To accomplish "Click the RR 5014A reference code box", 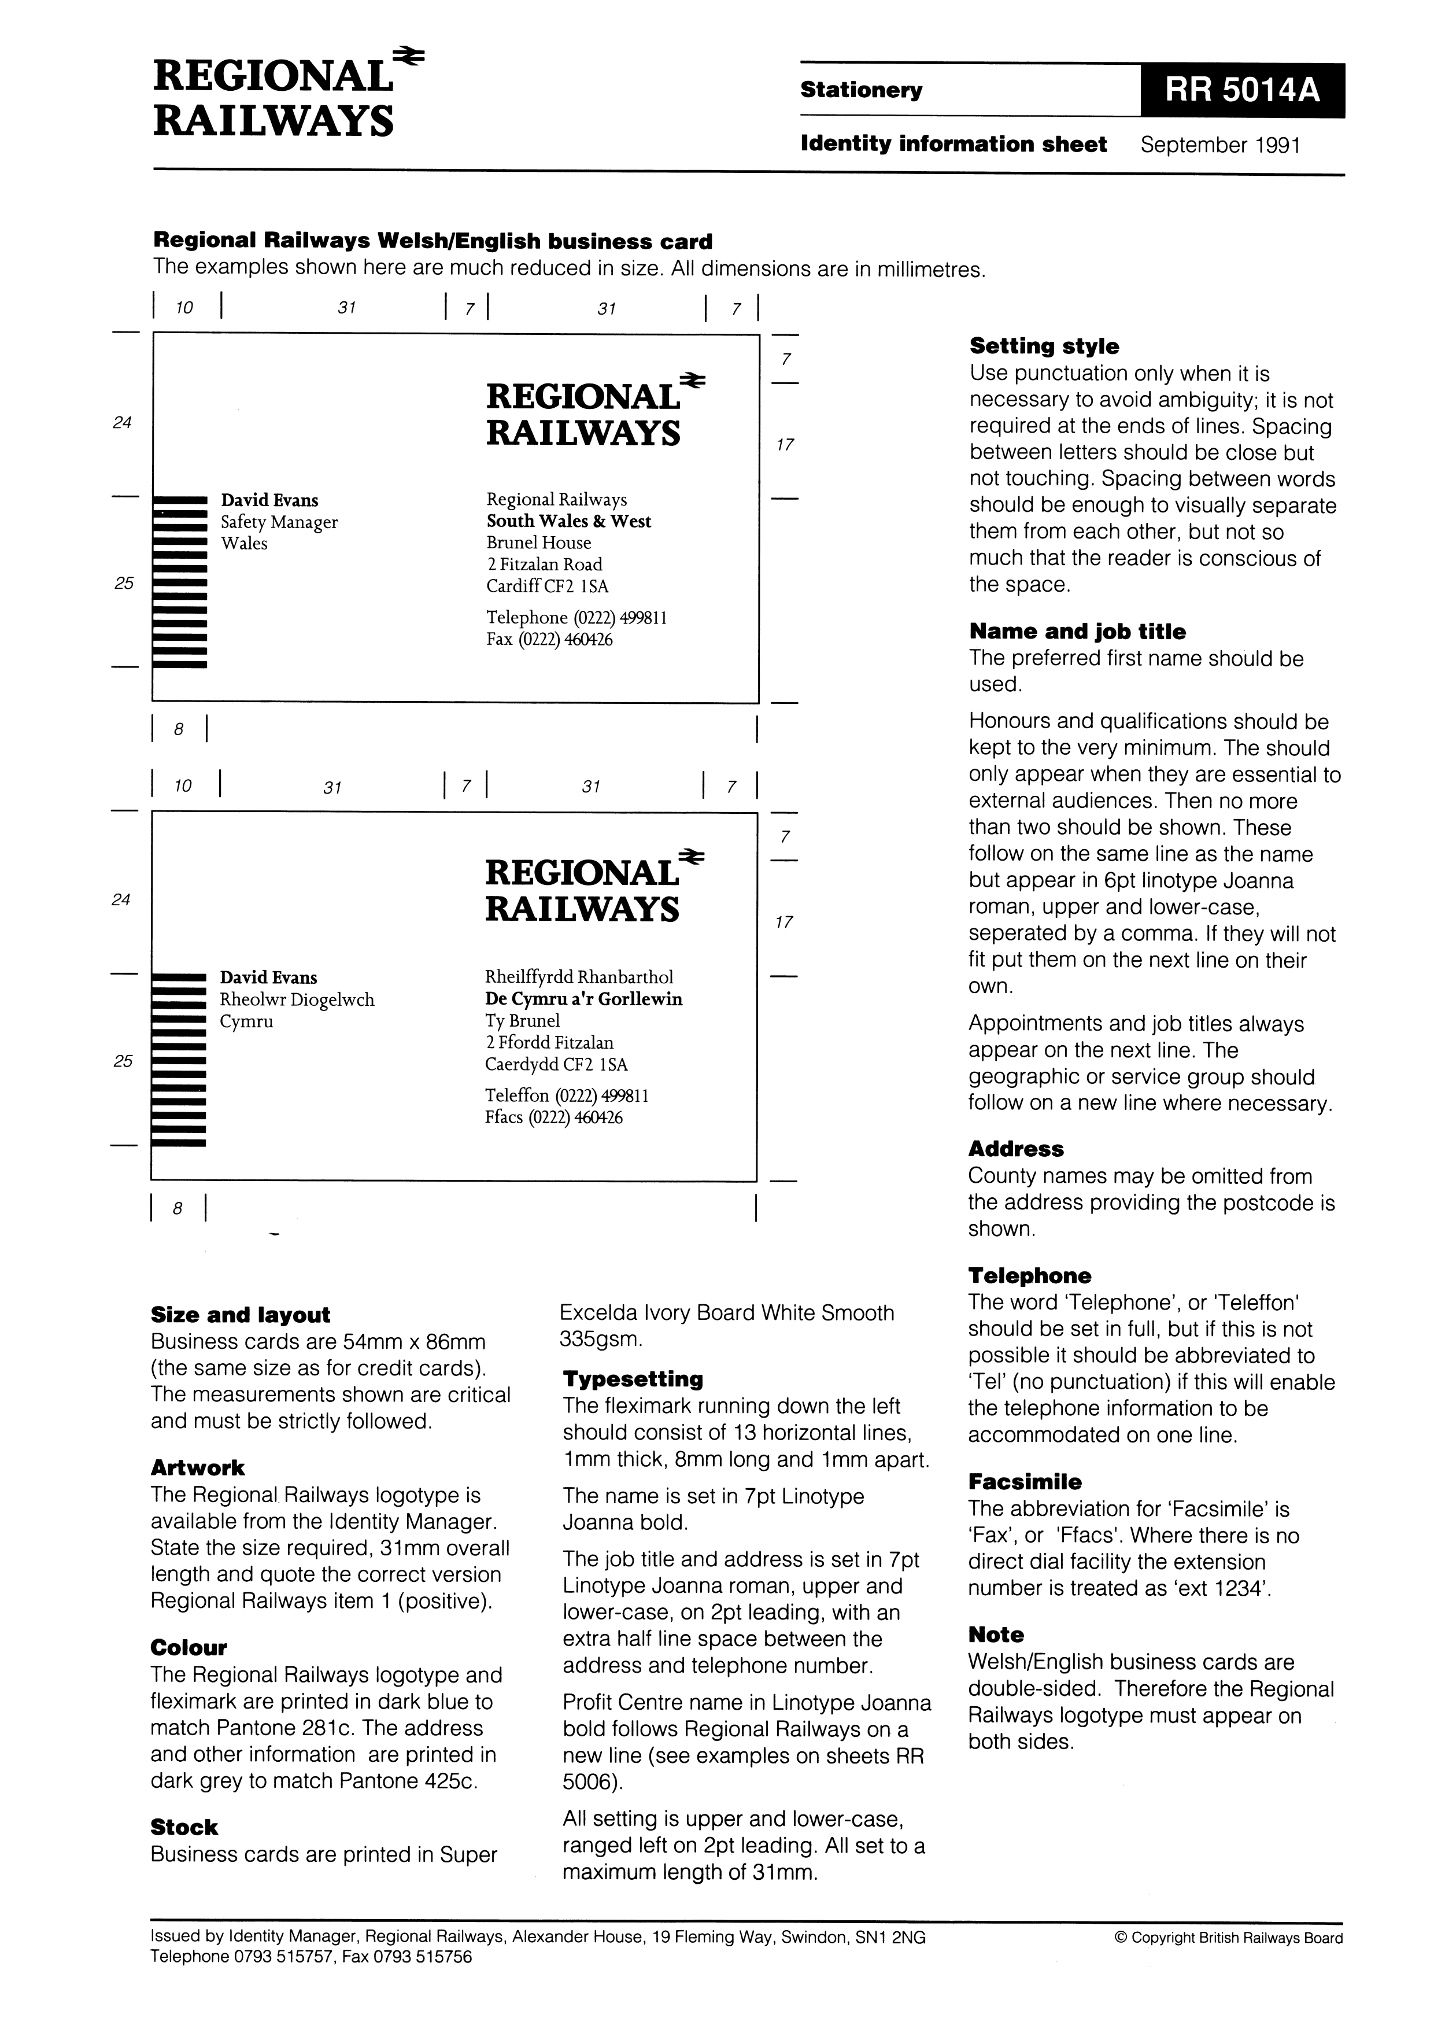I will (1241, 90).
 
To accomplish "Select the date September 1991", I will (1220, 145).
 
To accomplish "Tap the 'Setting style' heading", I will (1044, 346).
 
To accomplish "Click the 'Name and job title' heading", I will (1077, 631).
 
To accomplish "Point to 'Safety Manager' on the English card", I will (279, 522).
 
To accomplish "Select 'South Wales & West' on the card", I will (568, 521).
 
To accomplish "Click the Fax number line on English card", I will (549, 639).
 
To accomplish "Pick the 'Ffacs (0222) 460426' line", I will (553, 1117).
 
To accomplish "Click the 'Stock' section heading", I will (184, 1828).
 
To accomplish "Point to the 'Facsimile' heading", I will (1024, 1482).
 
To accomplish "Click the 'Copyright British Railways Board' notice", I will (1228, 1939).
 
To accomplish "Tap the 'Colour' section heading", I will (188, 1647).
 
